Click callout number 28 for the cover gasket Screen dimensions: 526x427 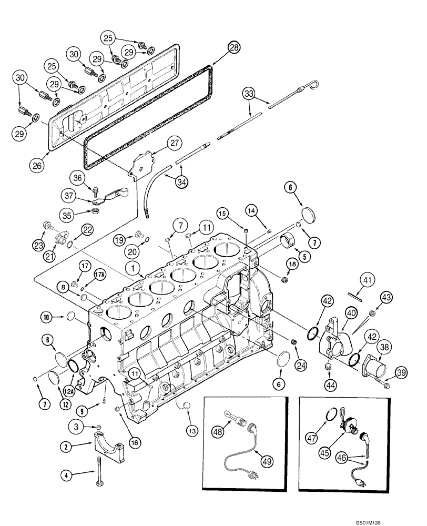(x=233, y=48)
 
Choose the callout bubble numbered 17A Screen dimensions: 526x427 (x=99, y=274)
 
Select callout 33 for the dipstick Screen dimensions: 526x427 (x=249, y=94)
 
